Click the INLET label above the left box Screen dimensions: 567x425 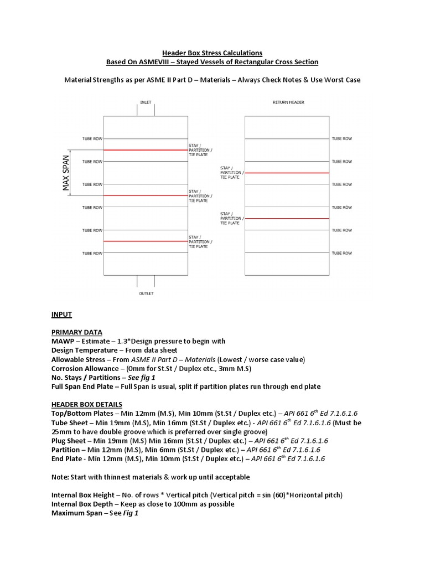point(146,102)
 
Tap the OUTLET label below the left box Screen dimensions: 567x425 point(146,293)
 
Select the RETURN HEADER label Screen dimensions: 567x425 point(288,102)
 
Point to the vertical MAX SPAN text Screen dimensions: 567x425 point(66,173)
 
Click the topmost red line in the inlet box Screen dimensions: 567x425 point(145,150)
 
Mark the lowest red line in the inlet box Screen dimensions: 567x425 point(145,241)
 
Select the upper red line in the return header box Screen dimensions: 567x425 point(287,173)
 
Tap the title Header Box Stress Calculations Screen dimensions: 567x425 point(212,53)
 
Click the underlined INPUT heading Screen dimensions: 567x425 point(61,315)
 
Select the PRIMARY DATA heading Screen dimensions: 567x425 point(76,332)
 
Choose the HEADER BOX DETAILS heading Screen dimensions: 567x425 point(87,404)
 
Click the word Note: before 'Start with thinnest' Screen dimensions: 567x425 point(61,477)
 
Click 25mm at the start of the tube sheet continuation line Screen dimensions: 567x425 point(61,431)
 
